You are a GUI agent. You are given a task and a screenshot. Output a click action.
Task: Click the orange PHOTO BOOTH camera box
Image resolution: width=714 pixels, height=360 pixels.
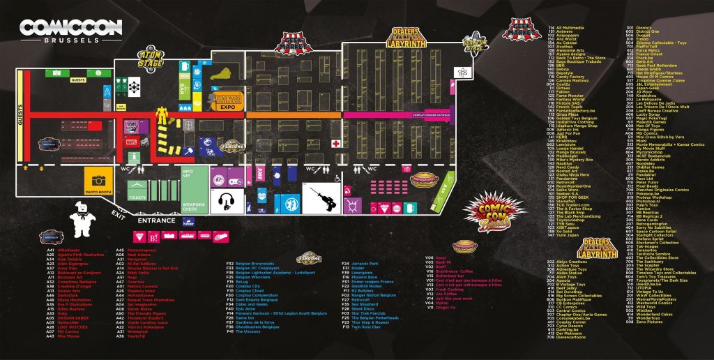[98, 179]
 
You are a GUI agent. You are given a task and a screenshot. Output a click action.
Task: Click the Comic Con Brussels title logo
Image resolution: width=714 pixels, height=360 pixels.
[71, 31]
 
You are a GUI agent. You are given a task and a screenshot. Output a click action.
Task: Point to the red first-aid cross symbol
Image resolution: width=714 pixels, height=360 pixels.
[335, 143]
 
